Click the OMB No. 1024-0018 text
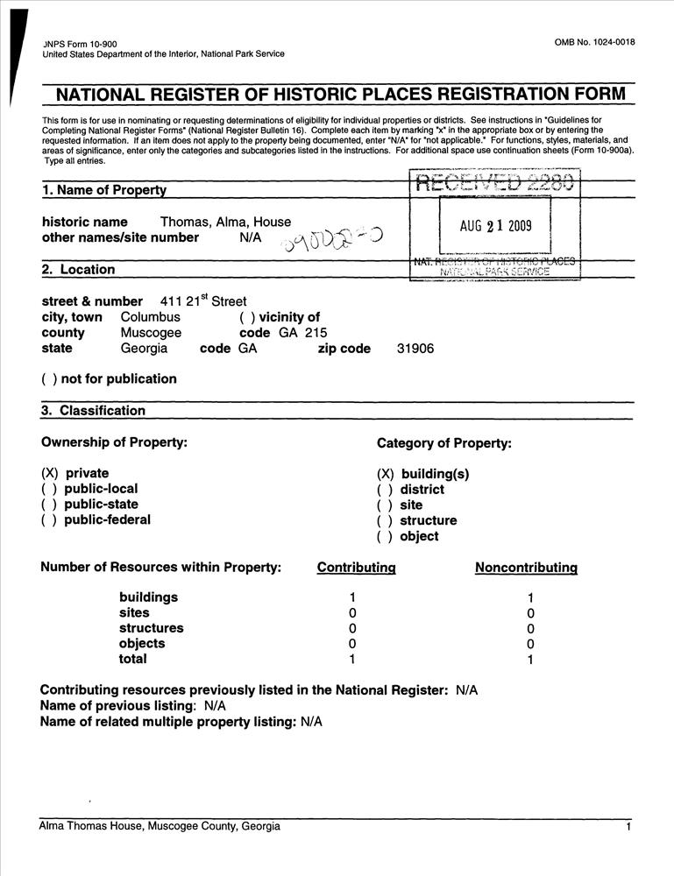(x=594, y=43)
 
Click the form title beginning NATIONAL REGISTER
(x=341, y=95)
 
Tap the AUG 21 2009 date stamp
(x=495, y=226)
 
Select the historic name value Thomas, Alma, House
(x=225, y=222)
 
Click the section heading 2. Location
(x=78, y=270)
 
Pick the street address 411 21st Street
(x=204, y=300)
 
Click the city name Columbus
(x=150, y=317)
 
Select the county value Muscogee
(x=151, y=333)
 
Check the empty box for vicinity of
(x=246, y=317)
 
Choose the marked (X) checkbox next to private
(x=49, y=473)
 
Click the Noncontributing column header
(x=526, y=568)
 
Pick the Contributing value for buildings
(x=352, y=597)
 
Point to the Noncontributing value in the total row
(x=530, y=660)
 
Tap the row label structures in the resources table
(x=152, y=628)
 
